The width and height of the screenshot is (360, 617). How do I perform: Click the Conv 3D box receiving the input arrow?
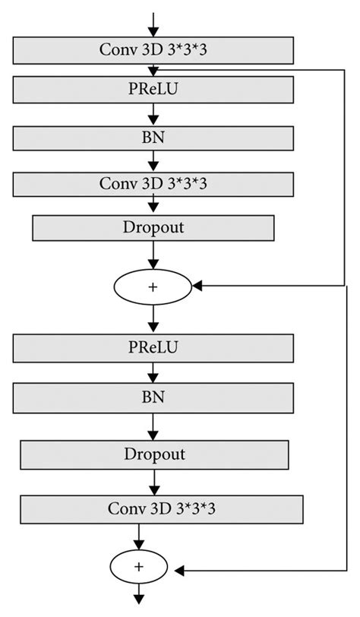coord(153,50)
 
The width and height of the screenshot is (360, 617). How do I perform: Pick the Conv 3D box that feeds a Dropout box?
coord(153,183)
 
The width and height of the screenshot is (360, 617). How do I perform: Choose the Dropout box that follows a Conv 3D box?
coord(153,227)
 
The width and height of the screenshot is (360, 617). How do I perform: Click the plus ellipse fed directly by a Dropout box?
coord(153,286)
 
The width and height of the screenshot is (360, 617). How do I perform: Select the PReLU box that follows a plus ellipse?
coord(153,348)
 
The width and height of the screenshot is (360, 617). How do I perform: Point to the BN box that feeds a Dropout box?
coord(153,396)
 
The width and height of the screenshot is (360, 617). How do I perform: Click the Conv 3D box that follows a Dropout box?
coord(161,508)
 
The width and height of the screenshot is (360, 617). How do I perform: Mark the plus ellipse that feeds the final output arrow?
coord(139,567)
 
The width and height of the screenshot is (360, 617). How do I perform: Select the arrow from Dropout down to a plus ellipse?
coord(153,256)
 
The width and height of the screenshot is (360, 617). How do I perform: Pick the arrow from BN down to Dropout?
coord(153,425)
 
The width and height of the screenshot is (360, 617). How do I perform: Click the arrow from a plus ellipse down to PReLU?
coord(153,318)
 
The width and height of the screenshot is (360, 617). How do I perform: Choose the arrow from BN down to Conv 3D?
coord(153,160)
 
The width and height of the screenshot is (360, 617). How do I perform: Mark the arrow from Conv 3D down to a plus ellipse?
coord(139,536)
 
